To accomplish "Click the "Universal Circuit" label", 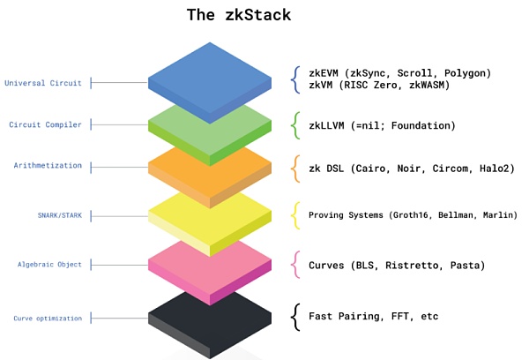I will coord(43,84).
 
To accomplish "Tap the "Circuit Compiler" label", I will coord(46,124).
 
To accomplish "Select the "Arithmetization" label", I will coord(48,165).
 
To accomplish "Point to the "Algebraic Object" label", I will coord(49,264).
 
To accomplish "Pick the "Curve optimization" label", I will coord(48,318).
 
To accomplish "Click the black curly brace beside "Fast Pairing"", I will coord(296,316).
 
